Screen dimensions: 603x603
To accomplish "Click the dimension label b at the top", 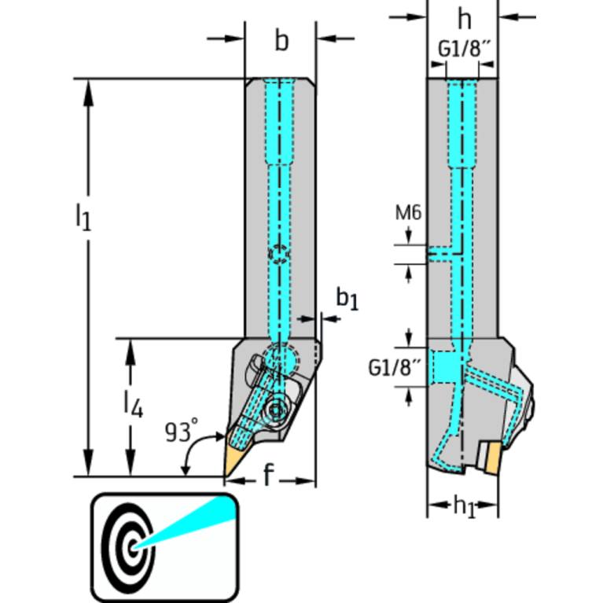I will pyautogui.click(x=281, y=41).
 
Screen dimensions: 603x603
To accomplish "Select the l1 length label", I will pyautogui.click(x=83, y=216).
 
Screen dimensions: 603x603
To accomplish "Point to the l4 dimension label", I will pyautogui.click(x=131, y=403).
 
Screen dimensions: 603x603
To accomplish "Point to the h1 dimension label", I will pyautogui.click(x=464, y=506).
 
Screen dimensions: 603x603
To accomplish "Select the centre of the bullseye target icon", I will pyautogui.click(x=134, y=545).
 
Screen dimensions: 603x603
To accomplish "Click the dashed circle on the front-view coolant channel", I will pyautogui.click(x=278, y=254).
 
